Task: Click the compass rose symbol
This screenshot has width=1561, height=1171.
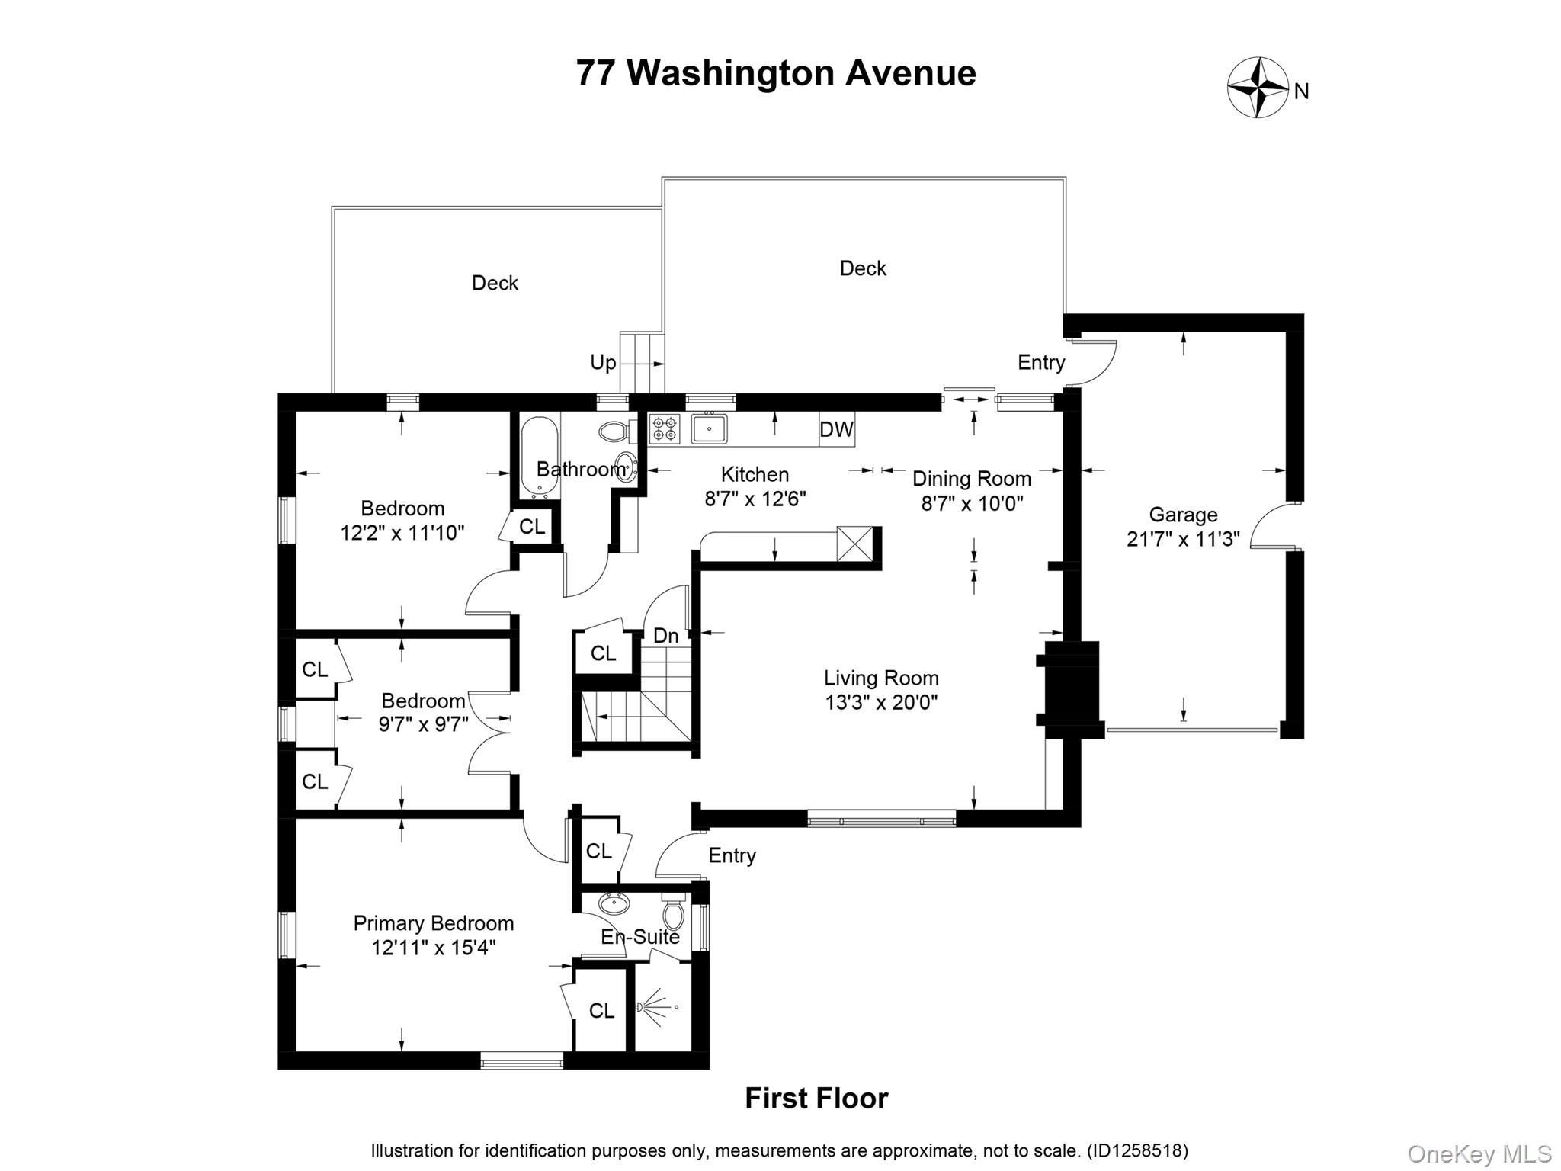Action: click(1258, 88)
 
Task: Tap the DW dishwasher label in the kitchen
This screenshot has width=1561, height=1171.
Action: click(836, 430)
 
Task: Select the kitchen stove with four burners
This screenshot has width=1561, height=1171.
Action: click(664, 428)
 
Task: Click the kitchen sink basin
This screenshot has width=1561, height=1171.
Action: click(709, 428)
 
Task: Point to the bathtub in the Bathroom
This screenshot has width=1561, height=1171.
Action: click(540, 456)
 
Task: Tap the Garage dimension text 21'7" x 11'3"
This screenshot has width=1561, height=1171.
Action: click(1183, 539)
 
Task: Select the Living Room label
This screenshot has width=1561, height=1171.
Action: click(881, 678)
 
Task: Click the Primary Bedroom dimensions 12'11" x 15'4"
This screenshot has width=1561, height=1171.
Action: click(433, 948)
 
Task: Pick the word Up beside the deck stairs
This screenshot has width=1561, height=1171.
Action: click(603, 362)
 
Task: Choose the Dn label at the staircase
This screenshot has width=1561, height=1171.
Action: click(666, 636)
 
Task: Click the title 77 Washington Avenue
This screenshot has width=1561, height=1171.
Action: click(776, 73)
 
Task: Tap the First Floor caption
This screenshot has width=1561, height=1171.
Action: click(816, 1099)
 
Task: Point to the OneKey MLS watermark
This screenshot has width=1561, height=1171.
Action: click(1479, 1153)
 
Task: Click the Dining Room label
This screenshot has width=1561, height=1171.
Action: click(972, 479)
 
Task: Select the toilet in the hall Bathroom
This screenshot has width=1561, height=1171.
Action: click(614, 432)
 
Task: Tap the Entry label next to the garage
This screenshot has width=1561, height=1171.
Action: click(1041, 362)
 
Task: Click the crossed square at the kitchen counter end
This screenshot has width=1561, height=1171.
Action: click(854, 544)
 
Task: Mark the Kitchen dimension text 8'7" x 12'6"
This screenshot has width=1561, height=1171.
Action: click(755, 499)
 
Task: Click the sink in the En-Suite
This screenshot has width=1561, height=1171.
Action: click(614, 904)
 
